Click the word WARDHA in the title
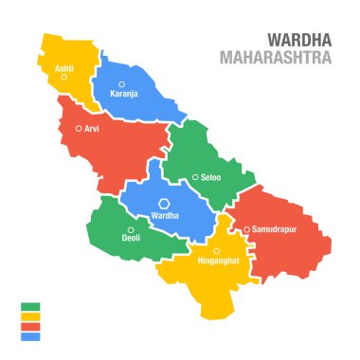click(x=300, y=40)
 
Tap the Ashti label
click(x=64, y=69)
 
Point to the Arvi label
click(x=92, y=128)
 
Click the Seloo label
click(x=211, y=177)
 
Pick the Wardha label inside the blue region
click(x=164, y=216)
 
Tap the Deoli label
click(x=131, y=239)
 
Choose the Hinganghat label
click(x=217, y=260)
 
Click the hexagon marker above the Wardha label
click(x=164, y=204)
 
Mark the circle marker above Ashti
click(x=64, y=78)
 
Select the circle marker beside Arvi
click(x=80, y=128)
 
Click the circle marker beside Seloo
click(x=195, y=177)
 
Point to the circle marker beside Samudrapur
click(x=246, y=229)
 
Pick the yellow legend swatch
click(x=30, y=316)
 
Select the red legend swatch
click(x=30, y=327)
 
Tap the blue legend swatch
click(x=30, y=336)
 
